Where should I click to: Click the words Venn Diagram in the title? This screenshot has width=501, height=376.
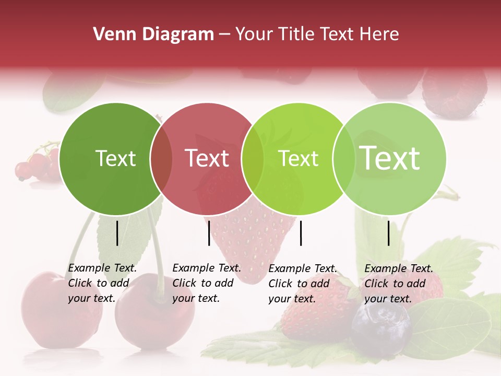point(153,34)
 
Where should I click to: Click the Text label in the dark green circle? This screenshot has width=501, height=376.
point(115,158)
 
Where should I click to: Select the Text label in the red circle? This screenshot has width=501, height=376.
point(207,158)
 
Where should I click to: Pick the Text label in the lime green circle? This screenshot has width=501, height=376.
point(299,158)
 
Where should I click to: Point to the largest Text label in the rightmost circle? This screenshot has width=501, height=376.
point(390,158)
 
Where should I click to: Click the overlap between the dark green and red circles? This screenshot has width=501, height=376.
point(161,159)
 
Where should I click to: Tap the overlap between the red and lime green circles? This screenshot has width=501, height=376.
point(253,159)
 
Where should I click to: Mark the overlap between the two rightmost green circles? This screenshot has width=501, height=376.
point(343,159)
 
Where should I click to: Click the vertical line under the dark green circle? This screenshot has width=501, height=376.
point(117,233)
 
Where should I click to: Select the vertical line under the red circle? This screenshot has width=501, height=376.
point(209,233)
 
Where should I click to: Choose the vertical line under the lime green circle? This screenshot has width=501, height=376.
point(301,233)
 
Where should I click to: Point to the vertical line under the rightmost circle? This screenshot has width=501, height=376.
point(388,233)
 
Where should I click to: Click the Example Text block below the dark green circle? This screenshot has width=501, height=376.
point(102,283)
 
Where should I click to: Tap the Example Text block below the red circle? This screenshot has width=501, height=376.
point(206,283)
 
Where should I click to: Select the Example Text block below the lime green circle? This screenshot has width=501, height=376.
point(302,284)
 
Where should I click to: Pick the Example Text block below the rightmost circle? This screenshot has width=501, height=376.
point(398,284)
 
